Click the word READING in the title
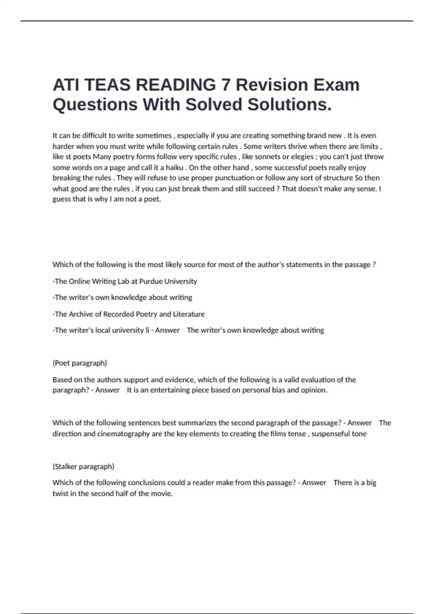[176, 85]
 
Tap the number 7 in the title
[226, 85]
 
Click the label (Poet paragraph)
[80, 363]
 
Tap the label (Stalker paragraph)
[83, 466]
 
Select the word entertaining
[170, 390]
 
